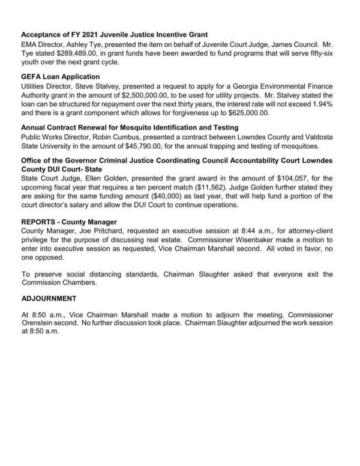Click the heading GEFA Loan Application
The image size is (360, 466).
(60, 77)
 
